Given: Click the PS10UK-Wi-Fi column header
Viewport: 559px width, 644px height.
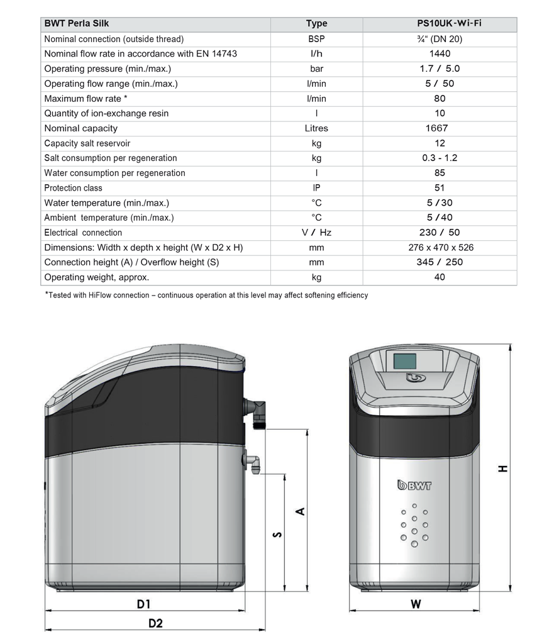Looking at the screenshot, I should coord(440,24).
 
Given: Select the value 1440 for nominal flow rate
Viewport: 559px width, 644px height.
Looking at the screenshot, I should coord(440,53).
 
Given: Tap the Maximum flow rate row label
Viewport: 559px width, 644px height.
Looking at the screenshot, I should coord(86,99).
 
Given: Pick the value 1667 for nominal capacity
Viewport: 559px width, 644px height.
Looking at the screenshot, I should coord(440,128).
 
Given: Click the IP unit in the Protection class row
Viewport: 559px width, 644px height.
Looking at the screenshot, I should coord(316,188).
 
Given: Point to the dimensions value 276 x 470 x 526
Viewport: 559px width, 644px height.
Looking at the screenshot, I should coord(440,248).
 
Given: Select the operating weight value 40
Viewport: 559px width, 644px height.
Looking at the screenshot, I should coord(440,277).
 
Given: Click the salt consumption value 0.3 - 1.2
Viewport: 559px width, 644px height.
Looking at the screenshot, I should coord(440,158).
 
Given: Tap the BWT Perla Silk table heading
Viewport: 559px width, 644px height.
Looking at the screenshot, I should coord(77,24).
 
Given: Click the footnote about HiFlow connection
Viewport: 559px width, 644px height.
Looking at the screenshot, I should coord(206,295).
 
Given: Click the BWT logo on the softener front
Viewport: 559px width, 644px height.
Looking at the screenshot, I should coord(414,485).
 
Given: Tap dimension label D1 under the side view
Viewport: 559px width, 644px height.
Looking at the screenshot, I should coord(144,604).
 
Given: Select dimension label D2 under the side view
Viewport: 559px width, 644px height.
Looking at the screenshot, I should coord(155,623).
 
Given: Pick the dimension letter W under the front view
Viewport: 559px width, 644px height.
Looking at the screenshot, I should coord(416,604).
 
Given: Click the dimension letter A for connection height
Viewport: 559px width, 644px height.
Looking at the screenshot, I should coord(301,511).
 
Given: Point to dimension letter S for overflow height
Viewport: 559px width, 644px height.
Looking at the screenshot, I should coord(277,535).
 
